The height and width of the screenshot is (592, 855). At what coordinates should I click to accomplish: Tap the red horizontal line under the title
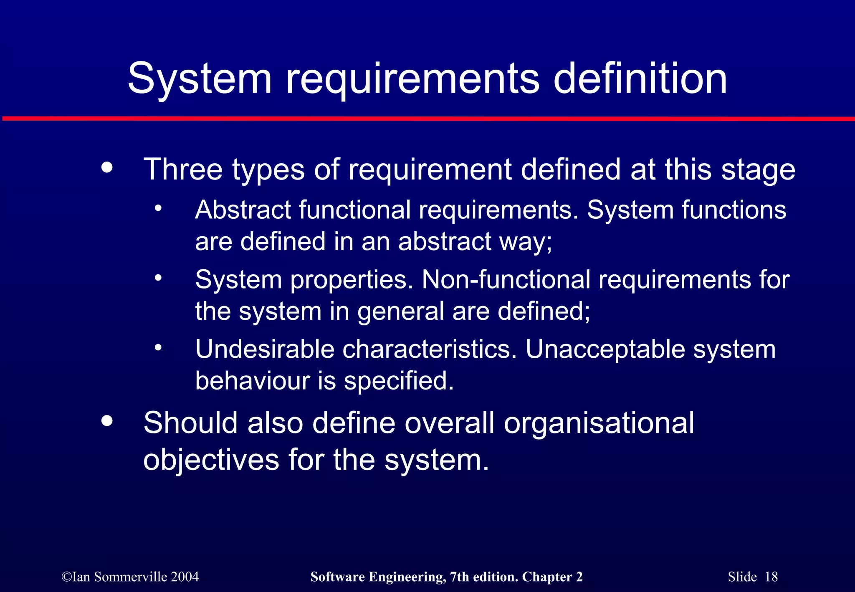[427, 119]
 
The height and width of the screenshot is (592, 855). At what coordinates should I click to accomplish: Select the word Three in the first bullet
[183, 170]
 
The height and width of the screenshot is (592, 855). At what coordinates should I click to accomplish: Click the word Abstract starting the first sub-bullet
[243, 210]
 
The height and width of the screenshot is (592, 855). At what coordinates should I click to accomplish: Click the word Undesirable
[265, 349]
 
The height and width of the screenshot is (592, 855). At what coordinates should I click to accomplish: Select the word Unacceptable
[605, 349]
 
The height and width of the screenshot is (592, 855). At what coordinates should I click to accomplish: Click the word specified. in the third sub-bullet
[399, 382]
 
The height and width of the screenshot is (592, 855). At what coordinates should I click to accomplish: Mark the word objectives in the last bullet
[211, 460]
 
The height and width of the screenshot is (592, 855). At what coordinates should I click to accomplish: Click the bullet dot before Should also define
[107, 421]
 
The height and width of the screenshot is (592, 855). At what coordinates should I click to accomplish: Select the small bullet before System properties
[158, 278]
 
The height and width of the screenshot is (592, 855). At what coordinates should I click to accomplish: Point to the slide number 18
[771, 577]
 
